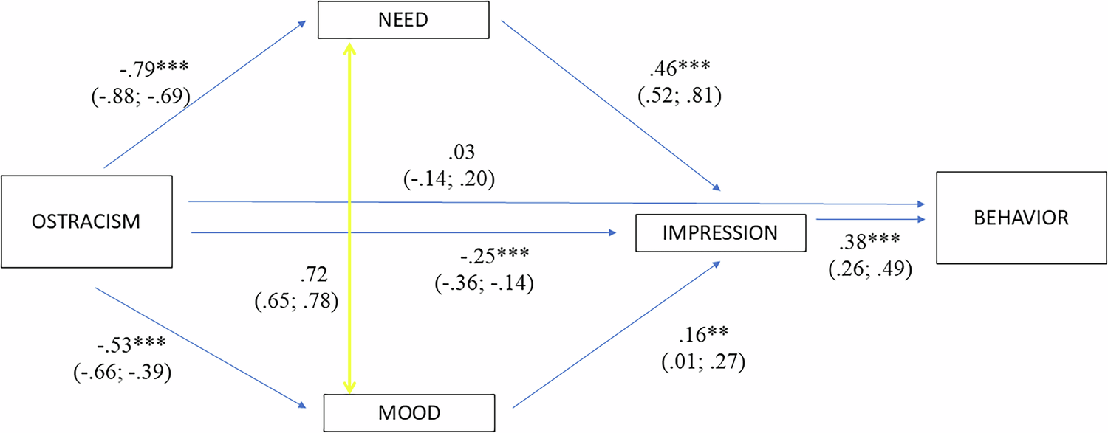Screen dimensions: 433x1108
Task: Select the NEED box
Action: tap(404, 20)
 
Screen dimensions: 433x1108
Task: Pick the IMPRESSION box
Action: tap(719, 233)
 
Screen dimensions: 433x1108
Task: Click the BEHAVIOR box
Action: tap(1022, 218)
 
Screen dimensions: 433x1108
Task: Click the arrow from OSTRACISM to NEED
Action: tap(205, 94)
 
